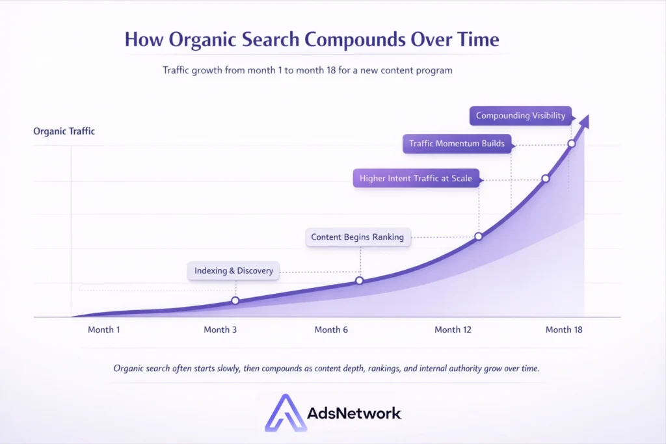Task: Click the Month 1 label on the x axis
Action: pyautogui.click(x=103, y=330)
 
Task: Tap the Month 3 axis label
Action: pyautogui.click(x=220, y=330)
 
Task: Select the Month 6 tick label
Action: pyautogui.click(x=331, y=330)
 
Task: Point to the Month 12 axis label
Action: pyautogui.click(x=453, y=330)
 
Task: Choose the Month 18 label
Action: pyautogui.click(x=564, y=330)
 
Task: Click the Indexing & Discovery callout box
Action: pyautogui.click(x=233, y=271)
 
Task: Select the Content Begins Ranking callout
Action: pyautogui.click(x=358, y=237)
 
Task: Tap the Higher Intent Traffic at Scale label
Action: pyautogui.click(x=416, y=178)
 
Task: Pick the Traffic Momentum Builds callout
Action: pyautogui.click(x=457, y=144)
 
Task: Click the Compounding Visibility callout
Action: pyautogui.click(x=520, y=116)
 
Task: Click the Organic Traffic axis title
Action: pyautogui.click(x=64, y=131)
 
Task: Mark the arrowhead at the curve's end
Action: pyautogui.click(x=585, y=121)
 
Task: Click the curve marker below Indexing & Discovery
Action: pyautogui.click(x=235, y=300)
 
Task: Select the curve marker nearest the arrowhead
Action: pyautogui.click(x=572, y=144)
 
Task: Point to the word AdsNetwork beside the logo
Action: pyautogui.click(x=354, y=413)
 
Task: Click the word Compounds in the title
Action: pyautogui.click(x=355, y=40)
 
